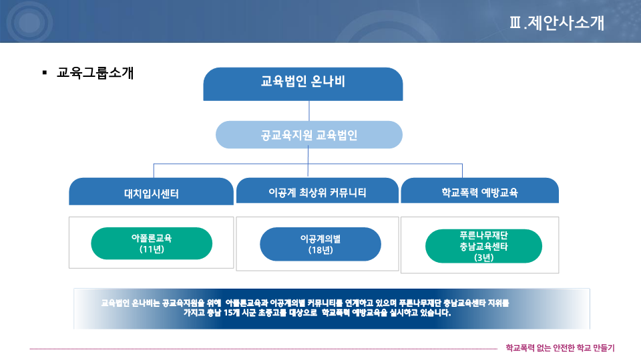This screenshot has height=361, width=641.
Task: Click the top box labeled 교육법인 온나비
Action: pyautogui.click(x=303, y=84)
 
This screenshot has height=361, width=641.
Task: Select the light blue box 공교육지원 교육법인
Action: pyautogui.click(x=309, y=134)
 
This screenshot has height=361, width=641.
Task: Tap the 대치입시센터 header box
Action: pyautogui.click(x=152, y=191)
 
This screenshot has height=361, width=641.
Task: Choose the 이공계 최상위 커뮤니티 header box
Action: pyautogui.click(x=317, y=191)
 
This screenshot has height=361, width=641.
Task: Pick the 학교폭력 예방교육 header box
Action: pyautogui.click(x=479, y=191)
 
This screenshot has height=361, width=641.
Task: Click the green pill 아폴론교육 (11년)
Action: pyautogui.click(x=152, y=243)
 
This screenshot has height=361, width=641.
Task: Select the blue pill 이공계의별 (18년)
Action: pyautogui.click(x=320, y=245)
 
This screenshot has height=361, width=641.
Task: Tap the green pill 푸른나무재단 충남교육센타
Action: pyautogui.click(x=483, y=246)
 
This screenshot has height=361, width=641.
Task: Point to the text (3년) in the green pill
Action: pyautogui.click(x=483, y=257)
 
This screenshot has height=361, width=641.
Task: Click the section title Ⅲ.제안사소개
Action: pyautogui.click(x=557, y=23)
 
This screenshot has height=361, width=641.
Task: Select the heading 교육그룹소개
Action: pyautogui.click(x=95, y=73)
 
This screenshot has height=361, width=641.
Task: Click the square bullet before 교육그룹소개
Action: pyautogui.click(x=45, y=73)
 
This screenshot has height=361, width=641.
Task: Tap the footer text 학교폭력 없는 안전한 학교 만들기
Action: pyautogui.click(x=560, y=348)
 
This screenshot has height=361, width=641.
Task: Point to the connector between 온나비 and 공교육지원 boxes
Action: pyautogui.click(x=309, y=111)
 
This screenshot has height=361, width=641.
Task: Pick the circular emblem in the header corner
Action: pyautogui.click(x=29, y=21)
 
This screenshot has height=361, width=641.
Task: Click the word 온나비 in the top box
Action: pyautogui.click(x=328, y=81)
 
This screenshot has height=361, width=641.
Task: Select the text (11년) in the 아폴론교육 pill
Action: pyautogui.click(x=152, y=249)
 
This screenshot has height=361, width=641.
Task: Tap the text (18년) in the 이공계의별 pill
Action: pyautogui.click(x=320, y=250)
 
